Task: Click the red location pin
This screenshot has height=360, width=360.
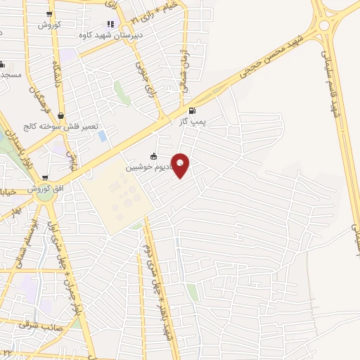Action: pyautogui.click(x=180, y=165)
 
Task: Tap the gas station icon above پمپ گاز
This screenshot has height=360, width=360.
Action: pyautogui.click(x=192, y=110)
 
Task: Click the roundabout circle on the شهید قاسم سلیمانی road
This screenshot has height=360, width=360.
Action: pyautogui.click(x=324, y=25)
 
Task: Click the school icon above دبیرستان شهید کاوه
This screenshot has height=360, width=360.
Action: pyautogui.click(x=110, y=24)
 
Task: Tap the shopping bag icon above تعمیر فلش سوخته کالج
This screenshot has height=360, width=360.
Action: pyautogui.click(x=62, y=116)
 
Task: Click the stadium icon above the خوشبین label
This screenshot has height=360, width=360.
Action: pyautogui.click(x=154, y=157)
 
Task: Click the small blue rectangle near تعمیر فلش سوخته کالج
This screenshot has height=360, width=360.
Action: pyautogui.click(x=103, y=135)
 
